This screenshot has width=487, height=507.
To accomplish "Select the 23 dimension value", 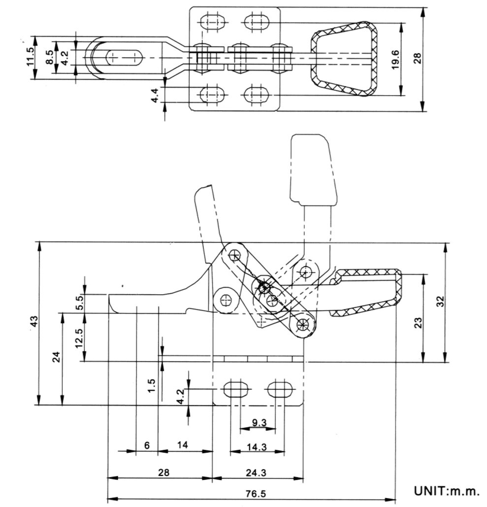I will click(418, 323).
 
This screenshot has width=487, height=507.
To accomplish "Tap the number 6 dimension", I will click(147, 445).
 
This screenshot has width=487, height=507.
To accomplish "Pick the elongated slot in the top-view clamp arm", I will click(124, 58).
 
